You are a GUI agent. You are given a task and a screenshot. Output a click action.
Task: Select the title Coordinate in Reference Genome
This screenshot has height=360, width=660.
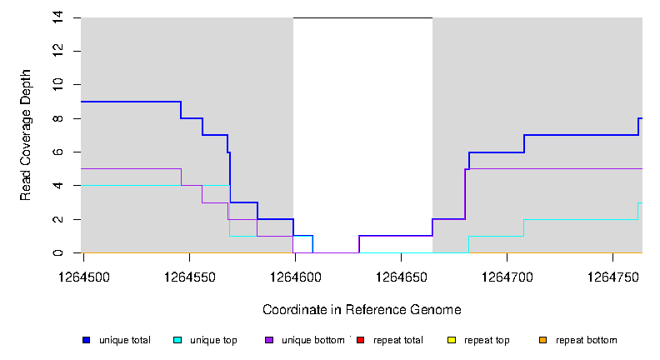click(x=362, y=310)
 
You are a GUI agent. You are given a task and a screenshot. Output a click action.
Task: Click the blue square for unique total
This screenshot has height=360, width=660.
click(x=86, y=340)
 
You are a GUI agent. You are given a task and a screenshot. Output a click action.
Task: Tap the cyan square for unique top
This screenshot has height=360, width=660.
click(x=177, y=340)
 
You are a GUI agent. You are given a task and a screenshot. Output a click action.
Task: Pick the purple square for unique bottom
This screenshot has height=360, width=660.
click(x=269, y=340)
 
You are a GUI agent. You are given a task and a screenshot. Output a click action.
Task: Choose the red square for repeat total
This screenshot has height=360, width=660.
click(x=361, y=340)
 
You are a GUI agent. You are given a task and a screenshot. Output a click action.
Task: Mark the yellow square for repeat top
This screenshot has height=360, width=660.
click(x=452, y=340)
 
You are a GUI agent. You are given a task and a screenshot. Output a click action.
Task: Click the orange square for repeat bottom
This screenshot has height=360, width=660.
click(x=544, y=340)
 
